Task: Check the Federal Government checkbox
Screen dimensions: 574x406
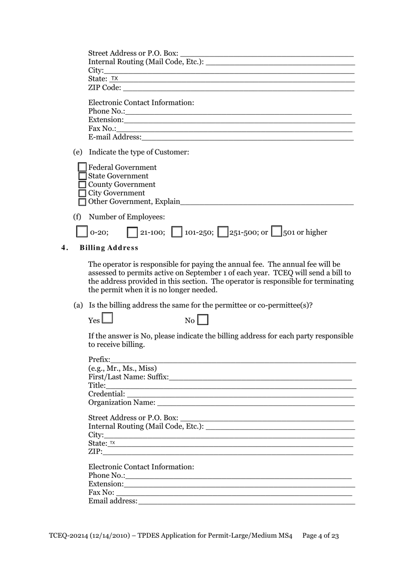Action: coord(82,167)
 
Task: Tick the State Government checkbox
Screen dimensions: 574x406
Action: coord(82,176)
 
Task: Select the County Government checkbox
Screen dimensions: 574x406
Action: coord(82,184)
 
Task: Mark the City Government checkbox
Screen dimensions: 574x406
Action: coord(82,193)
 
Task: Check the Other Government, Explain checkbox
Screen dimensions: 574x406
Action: coord(82,202)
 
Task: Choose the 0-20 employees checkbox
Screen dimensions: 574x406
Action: coord(82,231)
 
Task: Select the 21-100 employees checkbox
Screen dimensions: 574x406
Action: coord(132,232)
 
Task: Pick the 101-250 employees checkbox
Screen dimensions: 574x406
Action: coord(177,232)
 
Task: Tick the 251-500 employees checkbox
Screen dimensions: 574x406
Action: coord(223,232)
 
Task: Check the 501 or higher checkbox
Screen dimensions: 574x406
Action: coord(277,231)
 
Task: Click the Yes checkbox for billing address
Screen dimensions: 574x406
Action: coord(107,318)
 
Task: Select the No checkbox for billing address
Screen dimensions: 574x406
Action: coord(203,320)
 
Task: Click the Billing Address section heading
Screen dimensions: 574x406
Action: coord(109,248)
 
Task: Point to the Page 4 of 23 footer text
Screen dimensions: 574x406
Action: coord(321,536)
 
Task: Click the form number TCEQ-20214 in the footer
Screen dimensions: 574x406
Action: coord(68,536)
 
